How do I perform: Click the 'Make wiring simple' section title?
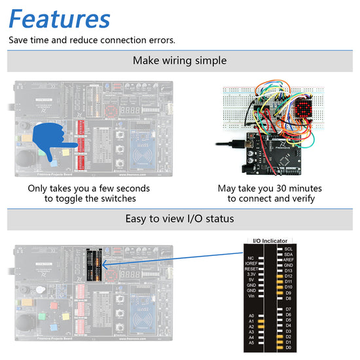(x=180, y=61)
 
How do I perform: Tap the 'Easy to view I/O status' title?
(x=180, y=218)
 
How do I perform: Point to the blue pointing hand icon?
(x=56, y=138)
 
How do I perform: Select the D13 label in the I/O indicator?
(x=289, y=270)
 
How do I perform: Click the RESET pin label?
(x=251, y=269)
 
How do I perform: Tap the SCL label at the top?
(x=289, y=249)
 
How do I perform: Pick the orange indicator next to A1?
(x=261, y=321)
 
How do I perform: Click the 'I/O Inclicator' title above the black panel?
(x=270, y=241)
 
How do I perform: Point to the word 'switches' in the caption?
(x=117, y=199)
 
